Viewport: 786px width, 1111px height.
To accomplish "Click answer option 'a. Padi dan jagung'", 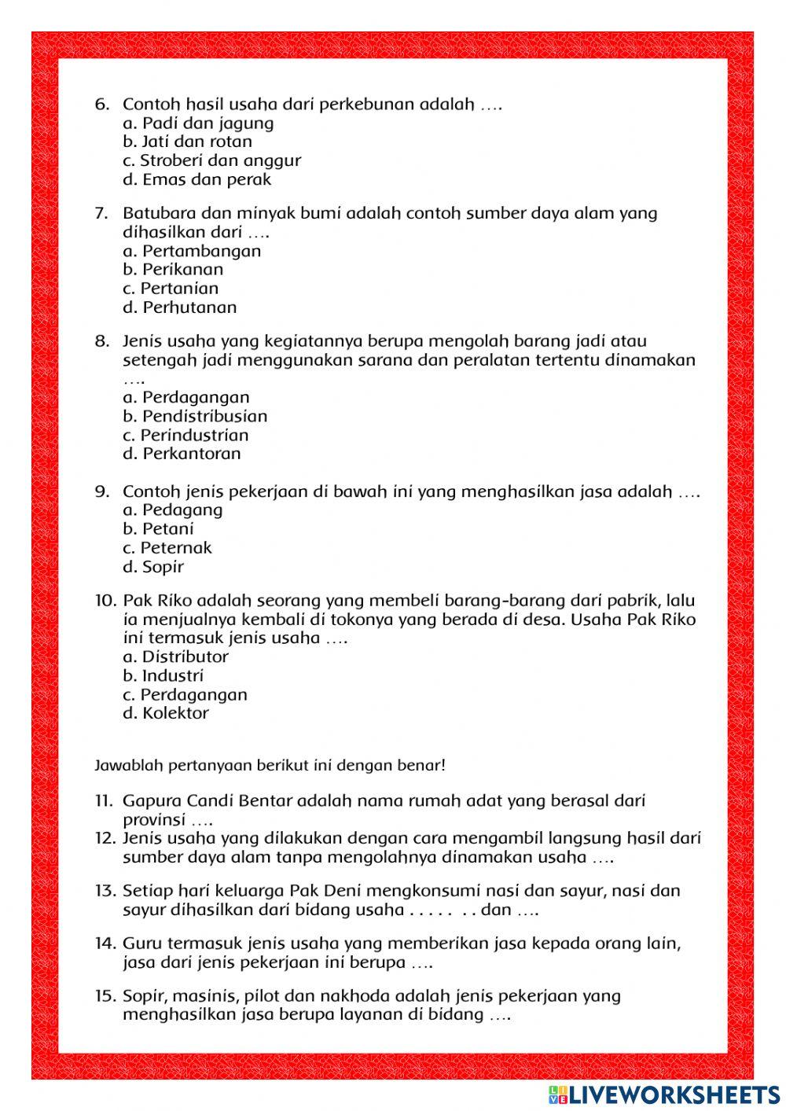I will coord(198,123).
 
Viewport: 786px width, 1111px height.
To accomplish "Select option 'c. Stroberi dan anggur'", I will coord(211,160).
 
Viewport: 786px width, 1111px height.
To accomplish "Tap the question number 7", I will coord(101,213).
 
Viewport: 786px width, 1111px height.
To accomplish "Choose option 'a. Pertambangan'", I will coord(192,251).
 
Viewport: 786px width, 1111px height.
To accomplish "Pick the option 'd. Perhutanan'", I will coord(179,307).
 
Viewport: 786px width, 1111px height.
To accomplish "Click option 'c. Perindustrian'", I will coord(185,435).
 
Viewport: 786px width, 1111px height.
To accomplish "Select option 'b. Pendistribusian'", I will coord(195,416).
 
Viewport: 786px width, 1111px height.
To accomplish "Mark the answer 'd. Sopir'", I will coord(153,567).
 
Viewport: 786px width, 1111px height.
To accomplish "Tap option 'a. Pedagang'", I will coord(172,510).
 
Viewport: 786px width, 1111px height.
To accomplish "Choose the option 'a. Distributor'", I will coord(175,657).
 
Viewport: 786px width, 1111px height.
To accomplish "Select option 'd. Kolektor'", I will coord(165,713).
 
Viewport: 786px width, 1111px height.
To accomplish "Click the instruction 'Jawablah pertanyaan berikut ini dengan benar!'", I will coord(270,764).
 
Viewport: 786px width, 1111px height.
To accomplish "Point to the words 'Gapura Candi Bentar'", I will coord(208,801).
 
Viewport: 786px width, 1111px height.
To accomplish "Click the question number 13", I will coord(105,891).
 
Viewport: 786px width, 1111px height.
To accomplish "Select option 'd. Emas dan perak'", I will coord(196,179).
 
